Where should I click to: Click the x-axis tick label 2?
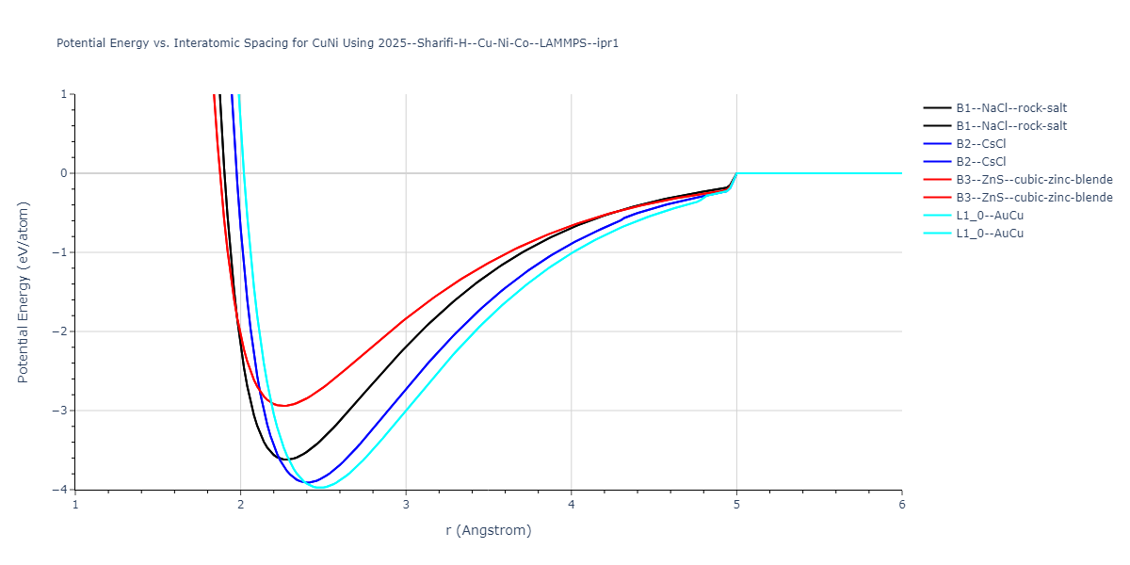coord(240,504)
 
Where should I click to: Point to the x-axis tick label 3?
coord(406,504)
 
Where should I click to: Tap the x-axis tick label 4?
coord(571,504)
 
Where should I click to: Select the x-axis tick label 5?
coord(736,504)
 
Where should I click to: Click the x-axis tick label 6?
coord(901,504)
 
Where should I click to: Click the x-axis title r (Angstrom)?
coord(489,530)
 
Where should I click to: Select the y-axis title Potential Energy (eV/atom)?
coord(24,292)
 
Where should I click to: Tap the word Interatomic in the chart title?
coord(196,43)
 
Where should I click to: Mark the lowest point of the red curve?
coord(282,406)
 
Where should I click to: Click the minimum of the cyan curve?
coord(321,488)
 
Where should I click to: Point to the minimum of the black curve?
coord(288,460)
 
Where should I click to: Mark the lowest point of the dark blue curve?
coord(308,483)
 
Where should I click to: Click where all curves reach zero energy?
coord(736,173)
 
